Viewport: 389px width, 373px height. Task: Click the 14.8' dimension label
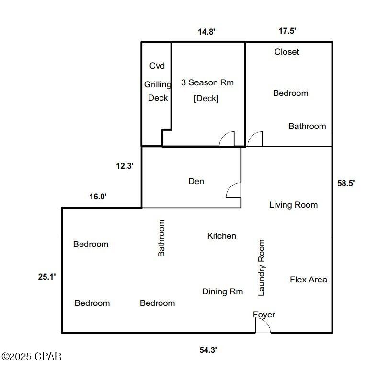coord(206,32)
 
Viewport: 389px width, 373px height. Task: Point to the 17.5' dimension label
coord(287,31)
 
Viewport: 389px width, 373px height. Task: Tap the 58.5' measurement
coord(345,183)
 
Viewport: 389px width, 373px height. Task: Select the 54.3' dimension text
coord(208,350)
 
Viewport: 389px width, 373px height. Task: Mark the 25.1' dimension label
coord(47,276)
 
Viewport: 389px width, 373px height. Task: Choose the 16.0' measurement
coord(98,196)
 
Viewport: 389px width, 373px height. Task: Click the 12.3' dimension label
coord(125,166)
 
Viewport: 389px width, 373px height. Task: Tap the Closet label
coord(286,52)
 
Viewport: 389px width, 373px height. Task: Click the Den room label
coord(196,181)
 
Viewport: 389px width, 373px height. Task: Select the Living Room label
coord(293,205)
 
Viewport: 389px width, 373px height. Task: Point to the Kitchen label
coord(221,236)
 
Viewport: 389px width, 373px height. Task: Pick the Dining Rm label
coord(222,291)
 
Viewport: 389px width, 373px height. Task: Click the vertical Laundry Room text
coord(262,268)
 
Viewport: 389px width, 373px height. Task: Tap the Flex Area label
coord(309,280)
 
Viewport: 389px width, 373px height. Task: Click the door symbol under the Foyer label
coord(263,326)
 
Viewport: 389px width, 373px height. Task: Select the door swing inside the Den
coord(234,190)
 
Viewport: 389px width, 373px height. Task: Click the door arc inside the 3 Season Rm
coord(227,139)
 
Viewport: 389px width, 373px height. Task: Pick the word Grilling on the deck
coord(158,85)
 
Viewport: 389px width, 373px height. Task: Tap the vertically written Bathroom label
coord(161,238)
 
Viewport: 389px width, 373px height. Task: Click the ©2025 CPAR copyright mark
coord(32,356)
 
